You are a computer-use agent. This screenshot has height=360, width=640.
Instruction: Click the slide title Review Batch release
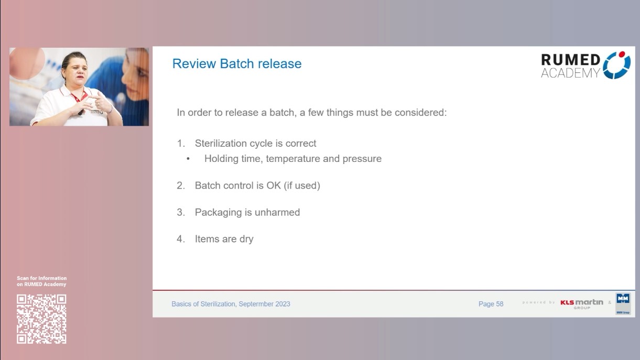(x=237, y=64)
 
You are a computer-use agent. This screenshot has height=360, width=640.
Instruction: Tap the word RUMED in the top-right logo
(x=571, y=60)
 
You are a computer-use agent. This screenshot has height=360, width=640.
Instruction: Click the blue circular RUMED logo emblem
(x=617, y=65)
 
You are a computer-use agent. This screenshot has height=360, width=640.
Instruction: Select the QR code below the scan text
(x=41, y=319)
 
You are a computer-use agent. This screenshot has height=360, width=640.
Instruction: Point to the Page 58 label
(x=491, y=304)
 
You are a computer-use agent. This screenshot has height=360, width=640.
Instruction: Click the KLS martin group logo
(x=582, y=303)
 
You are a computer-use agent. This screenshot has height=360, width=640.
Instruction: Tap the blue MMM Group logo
(x=623, y=303)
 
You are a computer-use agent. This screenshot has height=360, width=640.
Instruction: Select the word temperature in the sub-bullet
(x=292, y=159)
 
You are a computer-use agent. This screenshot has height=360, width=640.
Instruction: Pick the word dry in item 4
(x=246, y=239)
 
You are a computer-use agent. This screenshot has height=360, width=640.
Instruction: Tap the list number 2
(x=180, y=186)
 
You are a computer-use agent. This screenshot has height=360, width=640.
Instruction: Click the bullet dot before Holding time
(x=188, y=159)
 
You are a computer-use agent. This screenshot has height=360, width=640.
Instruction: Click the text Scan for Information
(x=42, y=278)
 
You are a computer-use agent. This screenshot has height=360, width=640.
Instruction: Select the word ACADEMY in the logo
(x=570, y=73)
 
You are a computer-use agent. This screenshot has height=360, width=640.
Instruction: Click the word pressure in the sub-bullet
(x=362, y=159)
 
